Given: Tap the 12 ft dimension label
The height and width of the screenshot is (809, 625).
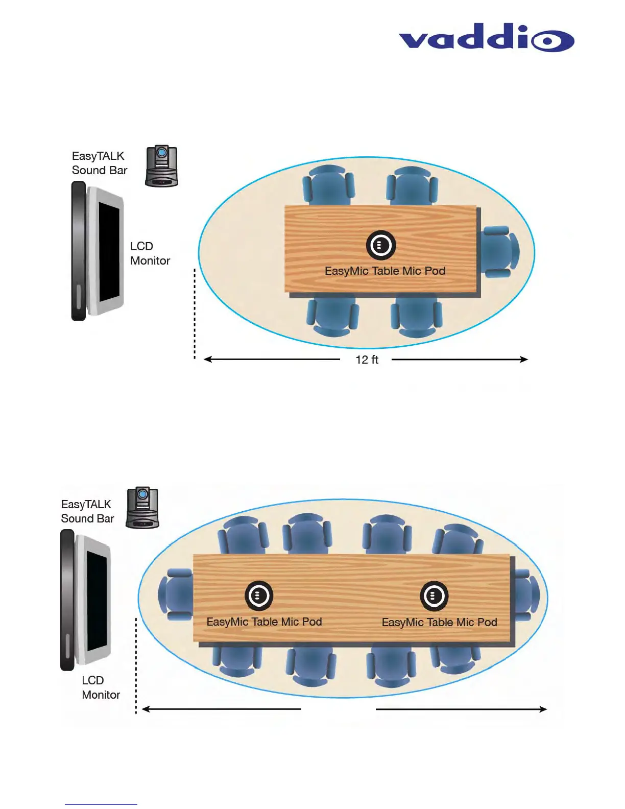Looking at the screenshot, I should (367, 360).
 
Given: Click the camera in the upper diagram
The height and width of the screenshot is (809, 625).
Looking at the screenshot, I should (162, 166).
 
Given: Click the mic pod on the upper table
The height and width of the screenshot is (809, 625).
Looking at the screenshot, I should (380, 245).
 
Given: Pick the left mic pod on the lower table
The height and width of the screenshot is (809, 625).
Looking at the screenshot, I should (259, 596).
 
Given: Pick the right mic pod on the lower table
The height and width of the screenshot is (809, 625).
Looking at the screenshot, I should (434, 596).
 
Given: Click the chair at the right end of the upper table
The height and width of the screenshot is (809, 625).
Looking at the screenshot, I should (499, 252).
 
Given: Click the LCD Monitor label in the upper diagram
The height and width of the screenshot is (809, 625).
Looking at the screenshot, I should (150, 253).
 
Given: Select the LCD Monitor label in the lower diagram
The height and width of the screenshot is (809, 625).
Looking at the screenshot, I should (101, 687).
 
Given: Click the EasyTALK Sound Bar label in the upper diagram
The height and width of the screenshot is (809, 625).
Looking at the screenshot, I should (100, 163).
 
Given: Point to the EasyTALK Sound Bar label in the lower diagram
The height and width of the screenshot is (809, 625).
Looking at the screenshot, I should (87, 511).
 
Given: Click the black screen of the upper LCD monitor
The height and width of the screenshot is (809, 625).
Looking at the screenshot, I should (109, 251).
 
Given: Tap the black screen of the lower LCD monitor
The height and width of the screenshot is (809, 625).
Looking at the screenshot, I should (97, 601).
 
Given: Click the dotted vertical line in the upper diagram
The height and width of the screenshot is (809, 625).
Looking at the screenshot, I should (195, 314).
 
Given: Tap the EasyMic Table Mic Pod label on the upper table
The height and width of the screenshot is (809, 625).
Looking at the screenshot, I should (385, 271).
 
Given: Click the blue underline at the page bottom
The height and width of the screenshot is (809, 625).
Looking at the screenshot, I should (101, 804).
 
